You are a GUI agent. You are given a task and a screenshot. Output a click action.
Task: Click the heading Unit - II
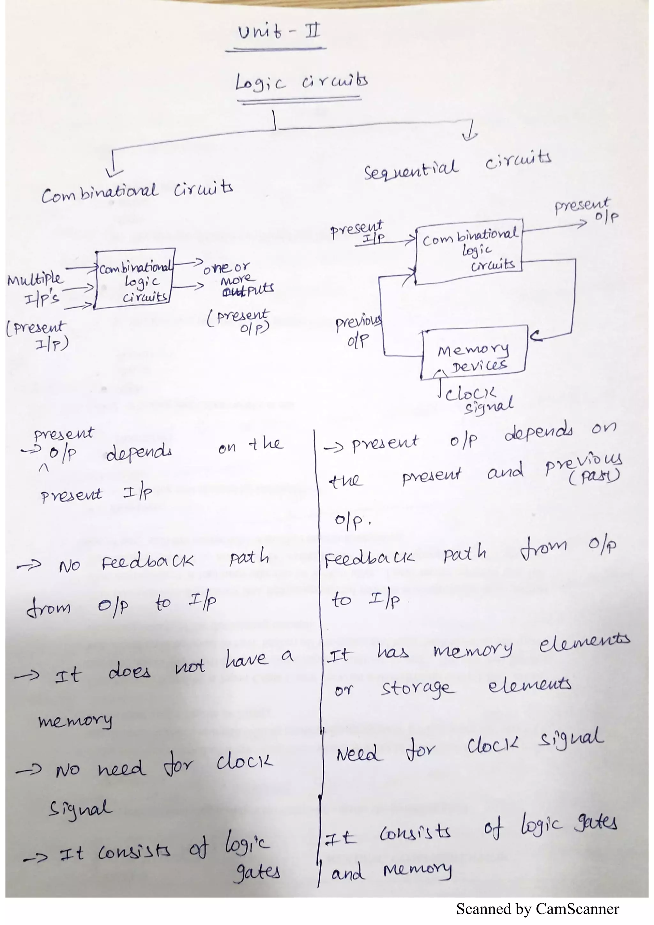tap(279, 31)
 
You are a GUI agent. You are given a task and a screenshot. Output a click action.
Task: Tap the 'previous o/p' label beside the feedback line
tap(358, 331)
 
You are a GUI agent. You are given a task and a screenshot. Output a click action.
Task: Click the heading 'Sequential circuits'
tap(457, 165)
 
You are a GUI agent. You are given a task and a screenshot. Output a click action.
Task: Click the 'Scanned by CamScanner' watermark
tap(537, 909)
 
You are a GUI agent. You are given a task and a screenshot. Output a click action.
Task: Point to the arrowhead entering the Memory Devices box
tap(534, 335)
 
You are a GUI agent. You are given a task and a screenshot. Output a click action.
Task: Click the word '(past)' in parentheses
tap(594, 478)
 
